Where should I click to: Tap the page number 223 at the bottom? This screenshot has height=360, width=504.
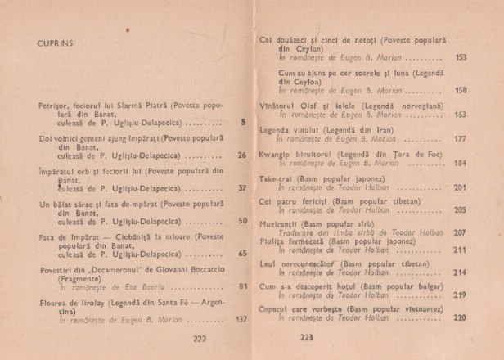click(284, 337)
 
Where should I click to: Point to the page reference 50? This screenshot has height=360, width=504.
click(242, 220)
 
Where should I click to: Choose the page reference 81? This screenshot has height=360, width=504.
click(242, 286)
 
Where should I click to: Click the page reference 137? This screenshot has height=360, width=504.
click(241, 318)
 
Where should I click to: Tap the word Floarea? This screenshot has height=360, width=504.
click(54, 302)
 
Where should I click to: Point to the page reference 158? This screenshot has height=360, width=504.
click(461, 90)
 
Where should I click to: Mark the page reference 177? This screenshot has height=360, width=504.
click(460, 139)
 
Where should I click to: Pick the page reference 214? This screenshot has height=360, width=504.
click(460, 272)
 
